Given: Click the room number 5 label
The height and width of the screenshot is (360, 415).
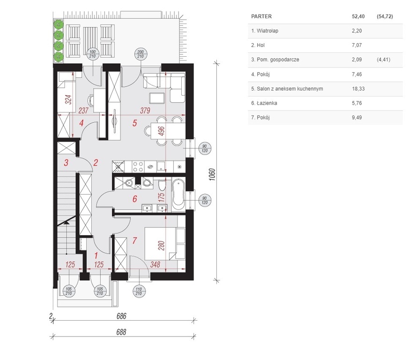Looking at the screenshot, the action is [x=135, y=123].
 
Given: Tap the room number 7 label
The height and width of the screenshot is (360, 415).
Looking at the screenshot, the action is [x=135, y=240].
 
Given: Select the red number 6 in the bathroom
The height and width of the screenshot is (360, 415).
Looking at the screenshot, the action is [x=135, y=199].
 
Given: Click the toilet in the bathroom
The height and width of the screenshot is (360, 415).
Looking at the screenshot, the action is [x=162, y=184].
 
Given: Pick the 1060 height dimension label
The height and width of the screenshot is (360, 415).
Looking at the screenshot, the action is [x=212, y=174].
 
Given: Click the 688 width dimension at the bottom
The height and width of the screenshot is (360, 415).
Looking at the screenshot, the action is [x=121, y=332].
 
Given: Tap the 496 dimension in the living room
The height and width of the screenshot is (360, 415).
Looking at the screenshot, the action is [x=161, y=131].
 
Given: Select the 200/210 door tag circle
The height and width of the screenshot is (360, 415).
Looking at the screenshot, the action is [x=141, y=54].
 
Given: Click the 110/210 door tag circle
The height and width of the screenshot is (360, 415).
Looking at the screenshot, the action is [x=139, y=292].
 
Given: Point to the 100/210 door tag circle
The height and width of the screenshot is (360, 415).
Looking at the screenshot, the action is [x=92, y=54].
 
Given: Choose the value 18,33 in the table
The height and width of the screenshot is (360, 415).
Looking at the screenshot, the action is [x=358, y=89].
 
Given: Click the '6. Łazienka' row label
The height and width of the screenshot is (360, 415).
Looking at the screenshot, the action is [x=264, y=103].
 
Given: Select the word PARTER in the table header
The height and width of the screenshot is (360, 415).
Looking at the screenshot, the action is [x=261, y=16].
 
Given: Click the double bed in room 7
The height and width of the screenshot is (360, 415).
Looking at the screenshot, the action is [x=164, y=243].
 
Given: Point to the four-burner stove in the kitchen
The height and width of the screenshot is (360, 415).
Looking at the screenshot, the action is [x=138, y=167].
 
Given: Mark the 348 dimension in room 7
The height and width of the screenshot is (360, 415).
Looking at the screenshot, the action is [x=155, y=264].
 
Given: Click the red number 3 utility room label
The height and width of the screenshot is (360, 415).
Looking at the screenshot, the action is [x=66, y=162].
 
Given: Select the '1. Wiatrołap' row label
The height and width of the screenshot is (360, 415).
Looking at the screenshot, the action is [x=265, y=31].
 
